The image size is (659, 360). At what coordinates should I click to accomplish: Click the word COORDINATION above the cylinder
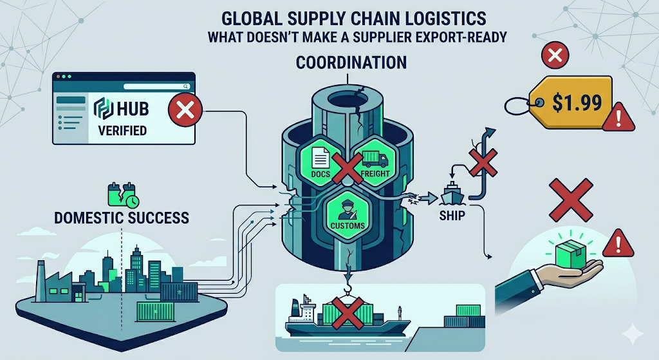pyautogui.click(x=351, y=62)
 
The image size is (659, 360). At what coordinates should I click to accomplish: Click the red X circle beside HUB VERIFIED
pyautogui.click(x=185, y=111)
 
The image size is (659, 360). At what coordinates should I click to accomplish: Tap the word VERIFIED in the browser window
pyautogui.click(x=122, y=131)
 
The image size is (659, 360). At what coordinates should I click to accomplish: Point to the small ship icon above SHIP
pyautogui.click(x=452, y=193)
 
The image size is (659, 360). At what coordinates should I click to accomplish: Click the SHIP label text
pyautogui.click(x=452, y=216)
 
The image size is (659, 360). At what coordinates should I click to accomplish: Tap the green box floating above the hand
pyautogui.click(x=570, y=254)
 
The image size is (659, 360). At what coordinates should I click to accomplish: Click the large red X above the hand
pyautogui.click(x=571, y=200)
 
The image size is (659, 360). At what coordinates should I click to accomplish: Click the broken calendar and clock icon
pyautogui.click(x=123, y=195)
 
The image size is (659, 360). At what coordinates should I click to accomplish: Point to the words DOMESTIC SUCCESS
pyautogui.click(x=122, y=218)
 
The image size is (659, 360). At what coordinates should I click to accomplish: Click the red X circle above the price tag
pyautogui.click(x=555, y=55)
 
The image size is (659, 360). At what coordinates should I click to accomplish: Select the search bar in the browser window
pyautogui.click(x=156, y=86)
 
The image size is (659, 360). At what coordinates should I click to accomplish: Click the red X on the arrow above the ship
pyautogui.click(x=483, y=160)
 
